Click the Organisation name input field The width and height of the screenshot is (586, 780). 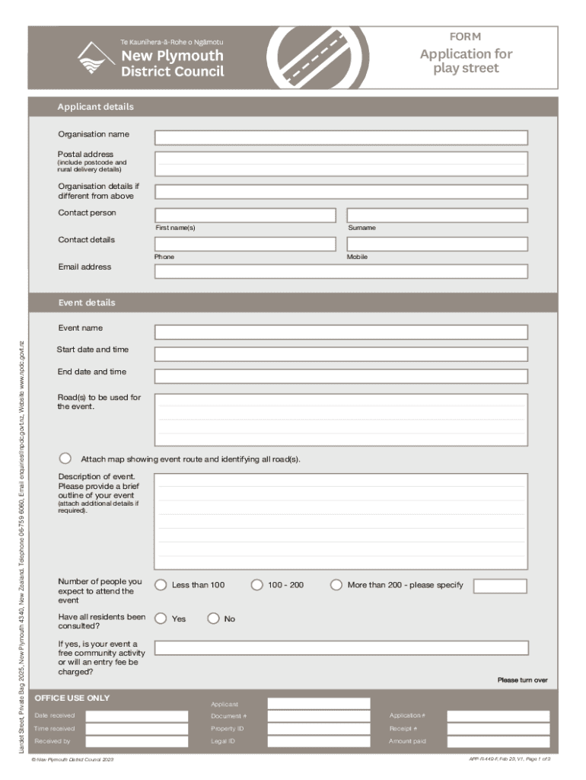(341, 138)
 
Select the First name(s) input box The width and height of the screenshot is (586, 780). (245, 216)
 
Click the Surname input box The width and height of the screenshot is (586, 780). (437, 216)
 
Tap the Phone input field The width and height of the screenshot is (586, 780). (245, 244)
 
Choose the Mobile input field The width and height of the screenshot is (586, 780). (437, 244)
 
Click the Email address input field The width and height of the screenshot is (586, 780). (341, 271)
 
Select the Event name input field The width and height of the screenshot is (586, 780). (341, 332)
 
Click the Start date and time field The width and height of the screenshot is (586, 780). (341, 354)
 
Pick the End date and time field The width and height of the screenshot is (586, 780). (341, 376)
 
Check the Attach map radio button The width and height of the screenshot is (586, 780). (65, 459)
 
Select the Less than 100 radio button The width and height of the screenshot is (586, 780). (161, 585)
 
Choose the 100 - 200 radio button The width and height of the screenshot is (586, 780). (257, 585)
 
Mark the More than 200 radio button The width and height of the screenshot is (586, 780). (336, 585)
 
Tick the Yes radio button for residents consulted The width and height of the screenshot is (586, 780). (161, 619)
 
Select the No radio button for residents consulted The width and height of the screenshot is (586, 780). (213, 619)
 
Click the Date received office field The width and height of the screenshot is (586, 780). (136, 716)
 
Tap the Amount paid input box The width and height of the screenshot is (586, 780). (497, 741)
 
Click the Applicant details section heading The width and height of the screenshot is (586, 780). (96, 107)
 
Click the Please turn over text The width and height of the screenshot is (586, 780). (522, 680)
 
